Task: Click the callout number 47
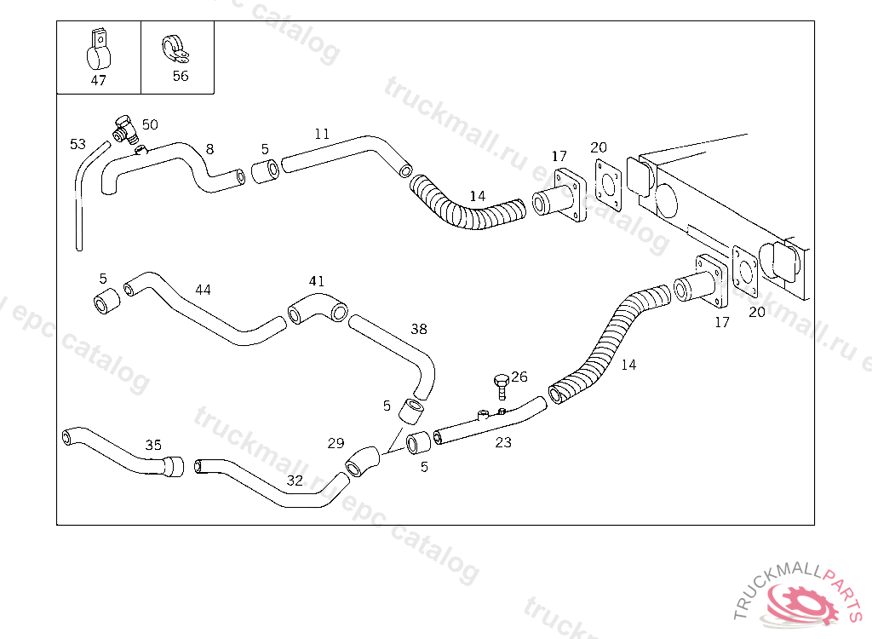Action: (x=98, y=81)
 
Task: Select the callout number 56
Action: (x=181, y=77)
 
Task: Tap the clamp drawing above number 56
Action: (x=175, y=49)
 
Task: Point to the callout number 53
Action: (x=77, y=144)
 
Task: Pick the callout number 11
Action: (x=322, y=134)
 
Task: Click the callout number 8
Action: (x=209, y=149)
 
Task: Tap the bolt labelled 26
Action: (x=502, y=387)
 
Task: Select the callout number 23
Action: (x=503, y=442)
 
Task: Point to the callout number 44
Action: (x=203, y=290)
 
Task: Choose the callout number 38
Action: (x=419, y=330)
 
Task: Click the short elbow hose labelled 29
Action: (x=362, y=462)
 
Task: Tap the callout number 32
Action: (x=295, y=481)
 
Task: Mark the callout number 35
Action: (x=153, y=446)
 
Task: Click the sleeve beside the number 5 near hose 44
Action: (x=106, y=301)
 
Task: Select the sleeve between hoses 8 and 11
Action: (x=265, y=171)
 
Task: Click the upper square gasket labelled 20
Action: (x=608, y=180)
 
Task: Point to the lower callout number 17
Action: (x=722, y=322)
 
